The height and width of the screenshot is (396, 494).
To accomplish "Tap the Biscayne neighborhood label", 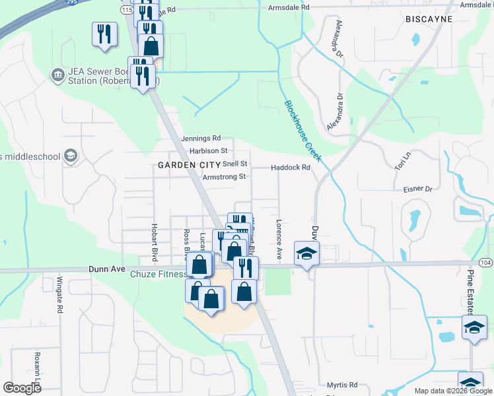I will coord(429,19).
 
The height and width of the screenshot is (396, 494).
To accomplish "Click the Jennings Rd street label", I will coord(200,139).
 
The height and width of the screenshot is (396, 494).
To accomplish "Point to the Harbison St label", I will coord(208,151).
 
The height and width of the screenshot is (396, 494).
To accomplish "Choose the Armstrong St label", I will coord(224,177).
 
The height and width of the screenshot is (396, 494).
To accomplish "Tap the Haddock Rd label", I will coord(290,168).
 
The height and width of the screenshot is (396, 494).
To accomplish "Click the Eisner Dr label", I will coord(417,189).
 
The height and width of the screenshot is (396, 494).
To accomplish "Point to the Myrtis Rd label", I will coord(342,384).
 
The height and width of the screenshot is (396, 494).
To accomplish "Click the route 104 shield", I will coord(485,262).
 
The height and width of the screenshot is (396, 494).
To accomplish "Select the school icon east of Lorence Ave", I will coord(306,254).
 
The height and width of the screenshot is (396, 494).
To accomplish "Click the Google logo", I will coord(22,387).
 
